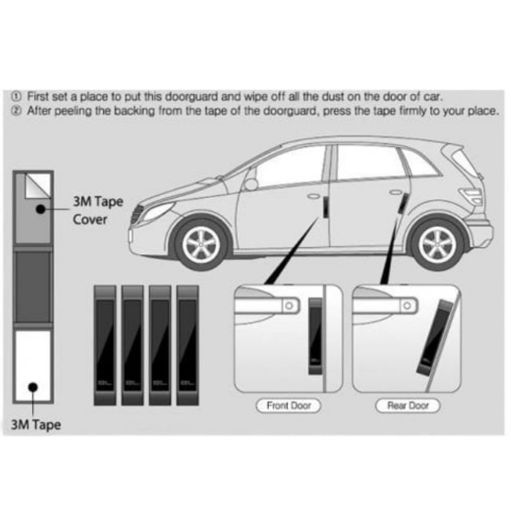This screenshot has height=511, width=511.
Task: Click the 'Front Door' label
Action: (288, 406)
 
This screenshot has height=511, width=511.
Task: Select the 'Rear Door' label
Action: (407, 406)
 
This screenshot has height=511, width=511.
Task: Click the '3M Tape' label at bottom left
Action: (36, 424)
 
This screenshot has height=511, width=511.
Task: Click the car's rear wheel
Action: (437, 245)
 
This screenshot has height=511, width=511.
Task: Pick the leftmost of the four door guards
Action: (105, 345)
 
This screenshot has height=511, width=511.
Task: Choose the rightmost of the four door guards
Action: (187, 345)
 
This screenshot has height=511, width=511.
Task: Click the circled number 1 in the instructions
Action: (16, 96)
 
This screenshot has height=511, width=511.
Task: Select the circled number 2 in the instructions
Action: (16, 110)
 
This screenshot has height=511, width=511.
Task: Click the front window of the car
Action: (289, 166)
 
